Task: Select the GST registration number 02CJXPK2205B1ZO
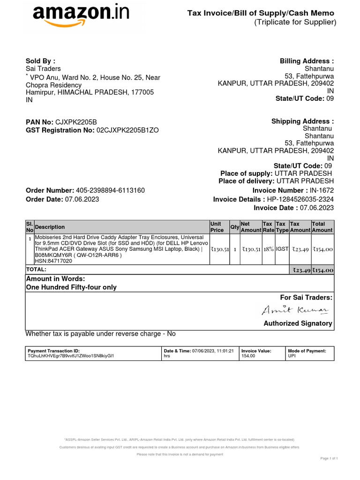(x=127, y=130)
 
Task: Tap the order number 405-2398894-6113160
(x=110, y=190)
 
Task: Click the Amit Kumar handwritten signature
(x=295, y=310)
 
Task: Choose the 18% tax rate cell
(x=268, y=249)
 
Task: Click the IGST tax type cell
(x=282, y=249)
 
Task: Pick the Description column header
(x=50, y=227)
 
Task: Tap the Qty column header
(x=234, y=227)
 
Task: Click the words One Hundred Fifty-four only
(x=71, y=287)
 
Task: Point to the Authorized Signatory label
(x=298, y=323)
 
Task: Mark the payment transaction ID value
(x=71, y=356)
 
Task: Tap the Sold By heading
(x=40, y=61)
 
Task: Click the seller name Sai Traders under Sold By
(x=43, y=69)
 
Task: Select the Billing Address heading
(x=307, y=61)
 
